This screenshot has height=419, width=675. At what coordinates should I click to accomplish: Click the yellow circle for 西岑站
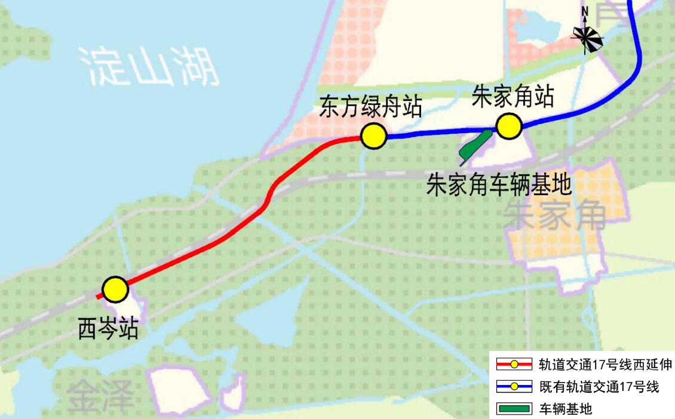(x=115, y=289)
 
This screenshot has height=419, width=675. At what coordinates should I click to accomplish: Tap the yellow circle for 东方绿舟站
(x=373, y=136)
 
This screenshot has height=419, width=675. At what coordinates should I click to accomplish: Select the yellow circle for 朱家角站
(x=509, y=127)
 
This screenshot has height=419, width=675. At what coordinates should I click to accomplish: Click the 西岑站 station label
(x=108, y=328)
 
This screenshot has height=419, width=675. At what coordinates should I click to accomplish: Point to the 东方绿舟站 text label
(x=371, y=107)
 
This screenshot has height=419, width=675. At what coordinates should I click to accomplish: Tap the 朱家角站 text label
(x=513, y=96)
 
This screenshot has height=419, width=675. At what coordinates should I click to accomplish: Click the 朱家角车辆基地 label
(x=499, y=185)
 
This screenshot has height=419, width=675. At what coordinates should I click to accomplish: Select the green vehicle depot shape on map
(x=475, y=146)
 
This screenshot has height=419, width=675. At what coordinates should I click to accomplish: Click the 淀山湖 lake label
(x=150, y=66)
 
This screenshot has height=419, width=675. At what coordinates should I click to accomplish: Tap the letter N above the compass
(x=585, y=11)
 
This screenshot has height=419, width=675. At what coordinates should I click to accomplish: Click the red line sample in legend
(x=514, y=364)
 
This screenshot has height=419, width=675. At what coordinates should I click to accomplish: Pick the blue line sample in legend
(x=514, y=387)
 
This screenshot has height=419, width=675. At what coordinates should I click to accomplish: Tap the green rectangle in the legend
(x=514, y=409)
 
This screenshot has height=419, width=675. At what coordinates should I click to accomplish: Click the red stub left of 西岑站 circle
(x=99, y=296)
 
